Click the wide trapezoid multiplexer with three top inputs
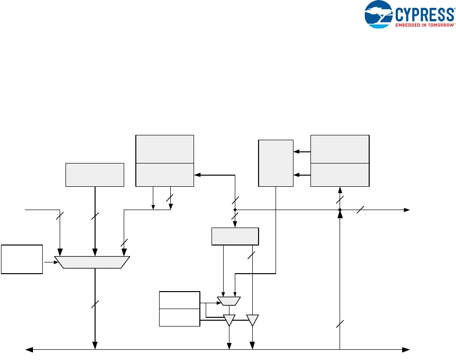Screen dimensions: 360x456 tap(92, 262)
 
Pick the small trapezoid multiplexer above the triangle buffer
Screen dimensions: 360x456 tap(228, 301)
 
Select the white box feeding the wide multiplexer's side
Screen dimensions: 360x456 tap(22, 260)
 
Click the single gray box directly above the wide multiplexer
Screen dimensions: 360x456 tap(95, 175)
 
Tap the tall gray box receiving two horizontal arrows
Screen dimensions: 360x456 tap(276, 163)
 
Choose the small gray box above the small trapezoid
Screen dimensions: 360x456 tap(235, 236)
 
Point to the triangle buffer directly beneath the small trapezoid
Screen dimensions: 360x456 tap(228, 320)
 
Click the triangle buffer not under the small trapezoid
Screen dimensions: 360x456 tap(252, 320)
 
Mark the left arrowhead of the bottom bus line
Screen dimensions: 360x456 tap(28, 349)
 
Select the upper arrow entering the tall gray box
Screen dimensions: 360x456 tap(301, 152)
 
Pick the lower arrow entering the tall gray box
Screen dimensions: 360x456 tap(301, 175)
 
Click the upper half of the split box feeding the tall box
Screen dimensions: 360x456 tap(340, 149)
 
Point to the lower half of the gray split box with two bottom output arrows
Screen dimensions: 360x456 tap(164, 175)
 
